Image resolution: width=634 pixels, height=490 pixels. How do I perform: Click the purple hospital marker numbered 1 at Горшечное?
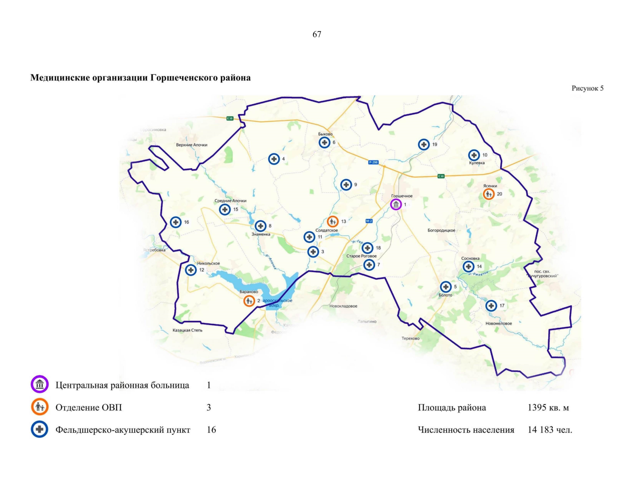(x=396, y=205)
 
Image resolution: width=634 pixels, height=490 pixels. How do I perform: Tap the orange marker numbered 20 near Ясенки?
(x=489, y=194)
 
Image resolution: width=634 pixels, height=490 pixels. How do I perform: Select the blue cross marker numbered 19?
(x=424, y=144)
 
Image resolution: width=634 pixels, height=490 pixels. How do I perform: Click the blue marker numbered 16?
(x=176, y=222)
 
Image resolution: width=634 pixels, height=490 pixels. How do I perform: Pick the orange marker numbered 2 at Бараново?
(x=249, y=301)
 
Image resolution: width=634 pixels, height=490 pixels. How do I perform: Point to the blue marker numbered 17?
(x=491, y=305)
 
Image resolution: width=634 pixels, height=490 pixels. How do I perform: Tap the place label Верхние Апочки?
(x=191, y=145)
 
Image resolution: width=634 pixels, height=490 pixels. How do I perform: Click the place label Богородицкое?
(x=441, y=230)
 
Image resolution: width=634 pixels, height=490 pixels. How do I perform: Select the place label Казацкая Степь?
(x=187, y=330)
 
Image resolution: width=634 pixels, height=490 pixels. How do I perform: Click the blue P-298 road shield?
(x=373, y=162)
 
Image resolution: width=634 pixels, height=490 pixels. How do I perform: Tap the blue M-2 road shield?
(x=369, y=221)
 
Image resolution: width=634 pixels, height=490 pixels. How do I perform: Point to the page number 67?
(x=317, y=35)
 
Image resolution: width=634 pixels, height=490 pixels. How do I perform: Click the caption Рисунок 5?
(x=587, y=88)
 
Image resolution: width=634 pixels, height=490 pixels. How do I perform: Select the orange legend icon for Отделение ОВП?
(x=40, y=407)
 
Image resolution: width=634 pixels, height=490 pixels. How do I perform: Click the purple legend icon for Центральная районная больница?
(x=40, y=385)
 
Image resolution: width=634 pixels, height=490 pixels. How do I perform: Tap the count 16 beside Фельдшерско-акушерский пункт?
(x=211, y=430)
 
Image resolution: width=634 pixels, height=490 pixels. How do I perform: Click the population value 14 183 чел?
(x=549, y=430)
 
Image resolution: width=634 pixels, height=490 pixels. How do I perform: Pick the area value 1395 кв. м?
(x=548, y=408)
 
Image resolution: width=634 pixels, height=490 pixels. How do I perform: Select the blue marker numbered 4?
(x=274, y=159)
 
